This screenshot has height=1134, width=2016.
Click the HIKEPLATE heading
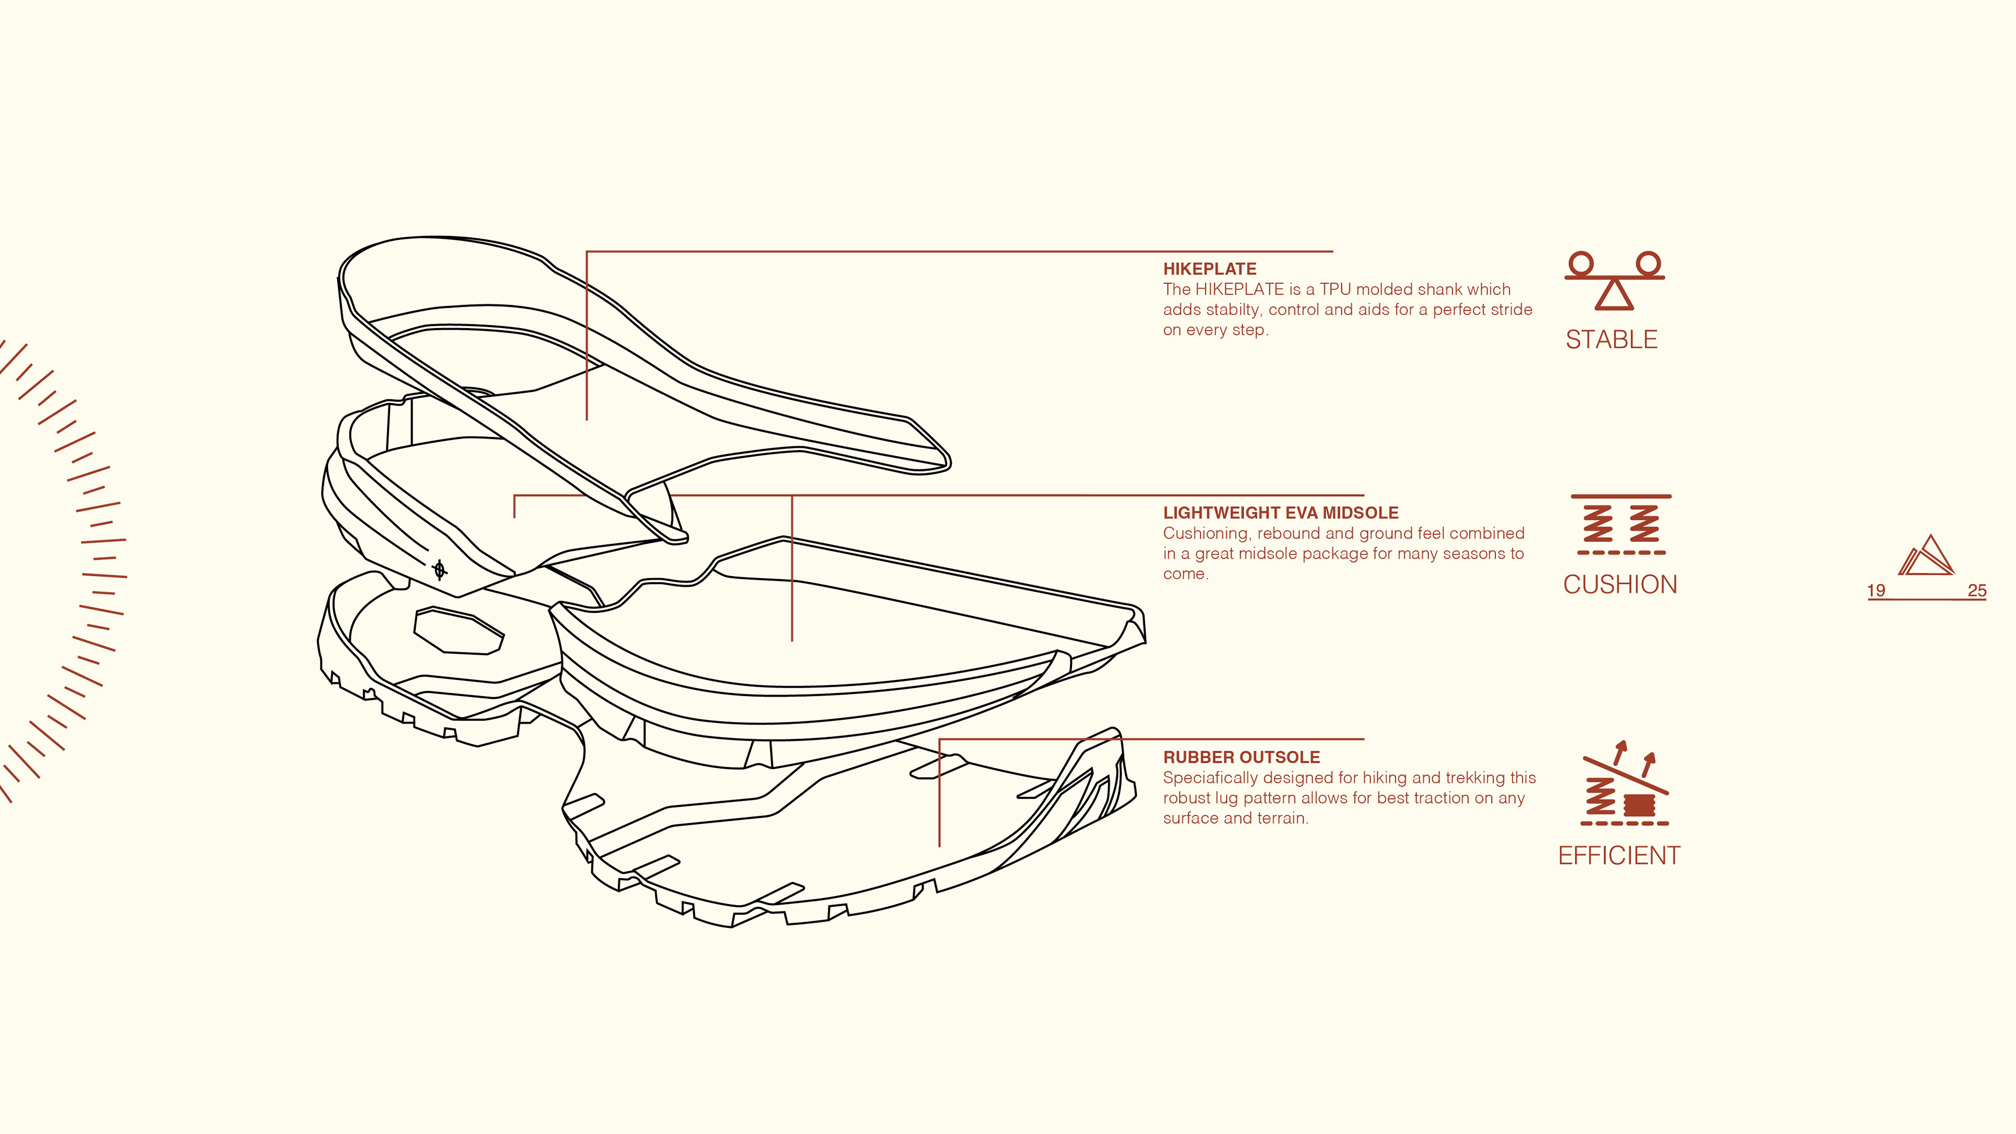point(1209,268)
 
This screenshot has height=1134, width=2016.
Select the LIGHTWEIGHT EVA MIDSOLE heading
point(1280,512)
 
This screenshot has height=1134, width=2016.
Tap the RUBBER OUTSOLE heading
point(1241,757)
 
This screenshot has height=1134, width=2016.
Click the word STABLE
point(1611,340)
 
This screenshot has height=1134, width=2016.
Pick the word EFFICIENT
point(1619,855)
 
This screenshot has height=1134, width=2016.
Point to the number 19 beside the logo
point(1876,591)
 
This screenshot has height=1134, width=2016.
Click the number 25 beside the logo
point(1977,591)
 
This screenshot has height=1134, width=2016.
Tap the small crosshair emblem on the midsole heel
point(440,570)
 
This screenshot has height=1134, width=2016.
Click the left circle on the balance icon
point(1581,263)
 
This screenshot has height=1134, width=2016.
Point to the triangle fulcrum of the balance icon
point(1614,295)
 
